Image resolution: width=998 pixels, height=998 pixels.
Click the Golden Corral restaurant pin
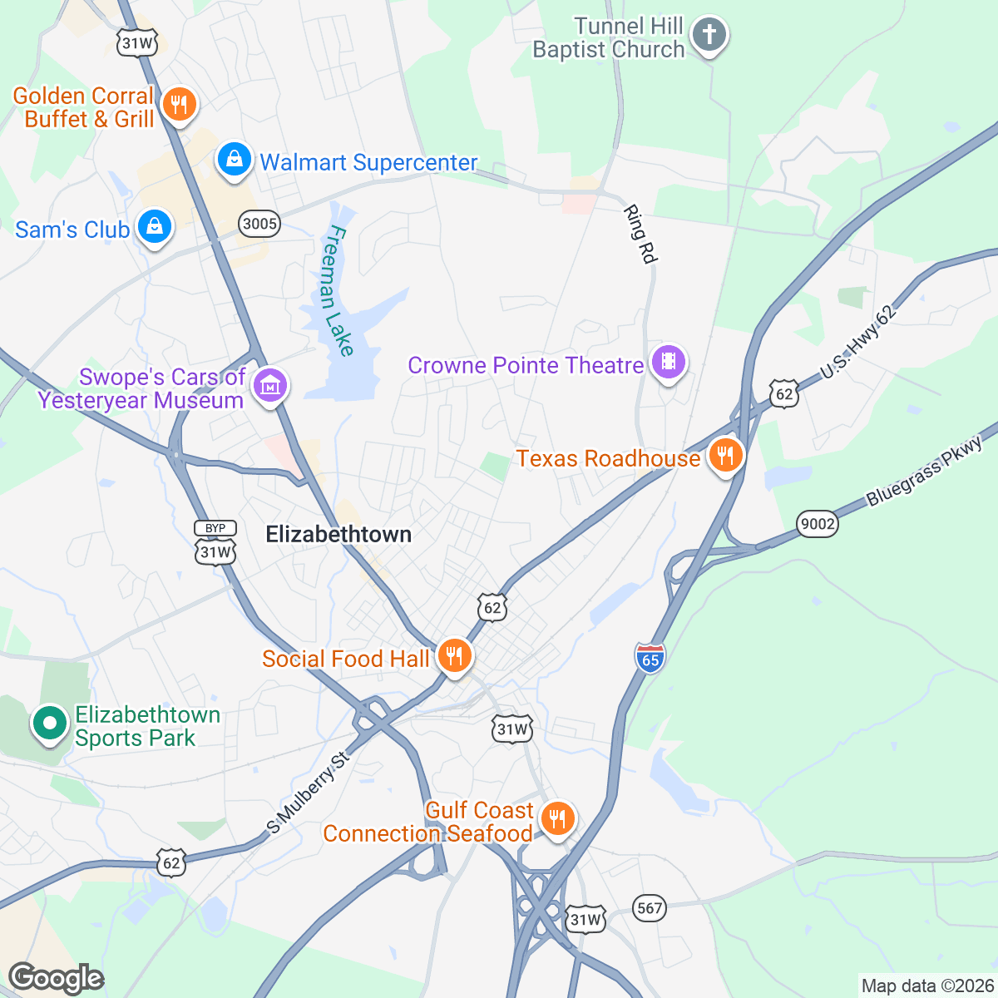coord(178,105)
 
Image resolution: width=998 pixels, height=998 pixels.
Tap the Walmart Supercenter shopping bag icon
coord(235,158)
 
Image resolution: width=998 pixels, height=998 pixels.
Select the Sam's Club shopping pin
coord(154,226)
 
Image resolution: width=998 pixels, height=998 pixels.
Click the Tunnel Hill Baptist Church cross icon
coord(709,36)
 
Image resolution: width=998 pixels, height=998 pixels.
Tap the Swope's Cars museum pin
coord(269,386)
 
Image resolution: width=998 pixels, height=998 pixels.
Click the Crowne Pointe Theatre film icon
coord(668,362)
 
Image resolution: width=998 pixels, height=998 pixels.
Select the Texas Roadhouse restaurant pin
coord(726,455)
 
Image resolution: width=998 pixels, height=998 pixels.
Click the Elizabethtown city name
coord(338,535)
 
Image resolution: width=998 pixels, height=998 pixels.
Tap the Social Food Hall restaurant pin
coord(453,656)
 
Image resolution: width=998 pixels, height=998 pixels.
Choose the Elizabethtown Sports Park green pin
coord(50,723)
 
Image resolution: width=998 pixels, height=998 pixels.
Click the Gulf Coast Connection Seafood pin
coord(557,818)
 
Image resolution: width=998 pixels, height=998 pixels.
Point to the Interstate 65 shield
coord(650,658)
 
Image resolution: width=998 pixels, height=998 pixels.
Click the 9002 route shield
coord(817,524)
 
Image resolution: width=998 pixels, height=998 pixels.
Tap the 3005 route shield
coord(259,223)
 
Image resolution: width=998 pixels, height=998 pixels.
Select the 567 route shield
coord(649,907)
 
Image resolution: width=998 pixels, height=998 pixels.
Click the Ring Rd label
coord(640,235)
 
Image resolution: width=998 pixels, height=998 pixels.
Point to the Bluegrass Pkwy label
coord(924,471)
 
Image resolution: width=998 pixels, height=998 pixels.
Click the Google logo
coord(56,978)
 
